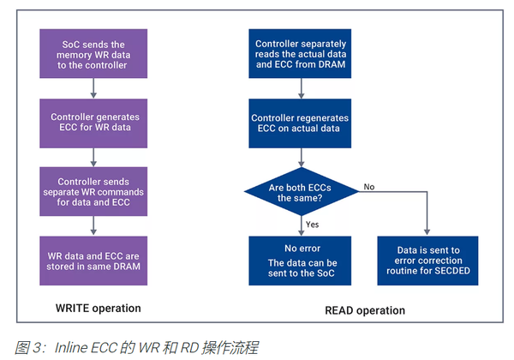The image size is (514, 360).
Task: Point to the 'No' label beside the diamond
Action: point(368,186)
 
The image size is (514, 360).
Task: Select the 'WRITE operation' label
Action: point(93,308)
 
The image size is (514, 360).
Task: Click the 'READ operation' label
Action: point(362,309)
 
